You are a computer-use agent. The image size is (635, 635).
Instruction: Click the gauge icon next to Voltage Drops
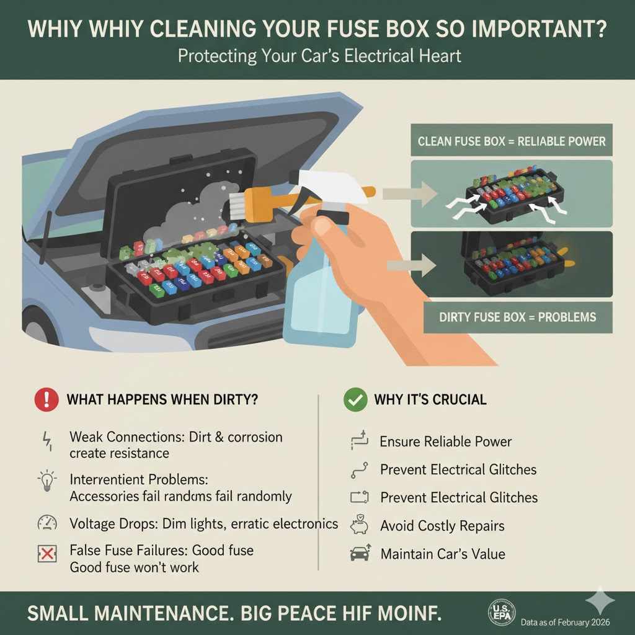tap(47, 522)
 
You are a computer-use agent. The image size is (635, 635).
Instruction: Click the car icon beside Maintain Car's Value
tap(360, 553)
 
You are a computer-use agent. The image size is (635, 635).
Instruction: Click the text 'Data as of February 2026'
tap(565, 622)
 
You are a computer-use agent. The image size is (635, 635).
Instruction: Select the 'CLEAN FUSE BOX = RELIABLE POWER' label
tap(512, 141)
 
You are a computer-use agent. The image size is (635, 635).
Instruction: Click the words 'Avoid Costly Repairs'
tap(442, 526)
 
